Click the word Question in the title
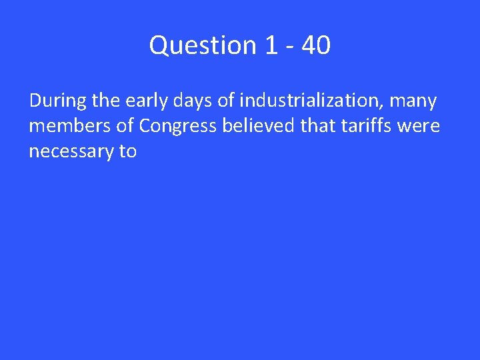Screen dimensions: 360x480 click(203, 45)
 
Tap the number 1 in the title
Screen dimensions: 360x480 click(271, 45)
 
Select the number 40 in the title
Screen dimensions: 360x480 click(315, 45)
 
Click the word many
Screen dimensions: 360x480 click(415, 101)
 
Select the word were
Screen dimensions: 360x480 click(420, 126)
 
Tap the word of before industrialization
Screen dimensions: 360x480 click(226, 101)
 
